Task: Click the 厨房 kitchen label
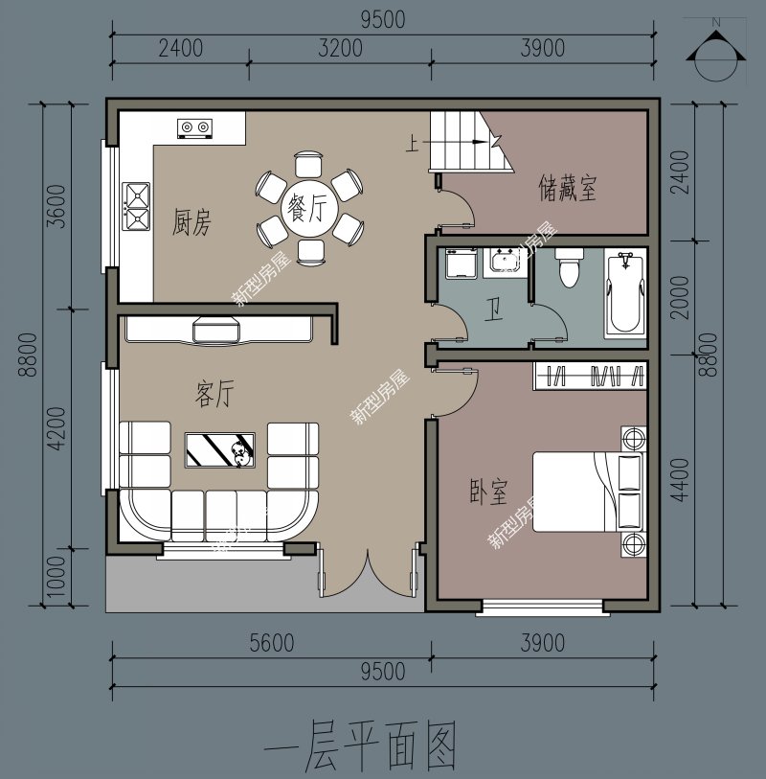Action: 191,223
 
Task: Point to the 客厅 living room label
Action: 214,394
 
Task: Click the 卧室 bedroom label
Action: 488,493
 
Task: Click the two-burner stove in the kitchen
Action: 194,127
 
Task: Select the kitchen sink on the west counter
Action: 136,207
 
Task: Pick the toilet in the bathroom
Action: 569,267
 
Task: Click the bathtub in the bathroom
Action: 624,292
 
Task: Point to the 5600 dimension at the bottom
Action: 271,643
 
